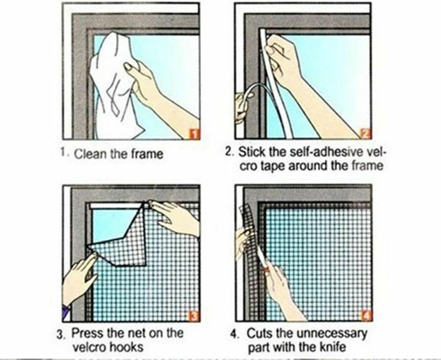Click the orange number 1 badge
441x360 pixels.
click(195, 134)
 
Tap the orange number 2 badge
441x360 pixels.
click(365, 133)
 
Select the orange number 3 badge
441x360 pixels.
click(195, 316)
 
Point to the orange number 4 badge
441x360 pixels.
click(367, 315)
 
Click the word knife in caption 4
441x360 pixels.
click(332, 347)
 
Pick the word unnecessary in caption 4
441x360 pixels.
click(332, 334)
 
